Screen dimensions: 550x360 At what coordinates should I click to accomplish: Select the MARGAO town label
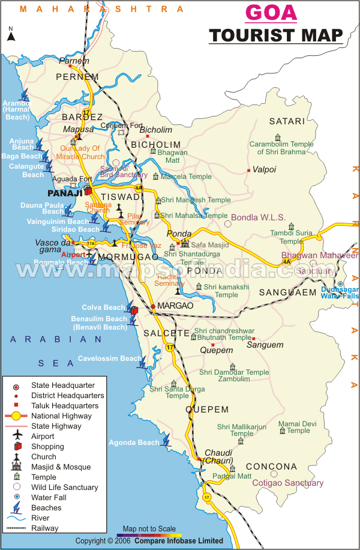tap(175, 306)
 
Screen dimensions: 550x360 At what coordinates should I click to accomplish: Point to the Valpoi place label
tap(265, 170)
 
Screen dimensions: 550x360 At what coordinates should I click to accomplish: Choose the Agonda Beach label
tap(134, 443)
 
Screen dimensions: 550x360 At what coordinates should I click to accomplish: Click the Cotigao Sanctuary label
tap(287, 483)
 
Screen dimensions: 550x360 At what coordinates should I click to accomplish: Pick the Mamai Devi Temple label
tap(298, 427)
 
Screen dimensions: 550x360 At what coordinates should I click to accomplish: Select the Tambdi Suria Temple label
tap(291, 237)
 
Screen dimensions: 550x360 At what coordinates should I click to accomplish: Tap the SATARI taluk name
tap(287, 121)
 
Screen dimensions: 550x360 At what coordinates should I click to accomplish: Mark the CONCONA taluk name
tap(271, 467)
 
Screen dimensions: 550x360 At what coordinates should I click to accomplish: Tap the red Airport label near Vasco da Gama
tap(73, 255)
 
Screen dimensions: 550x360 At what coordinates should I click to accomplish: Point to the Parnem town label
tap(70, 61)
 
